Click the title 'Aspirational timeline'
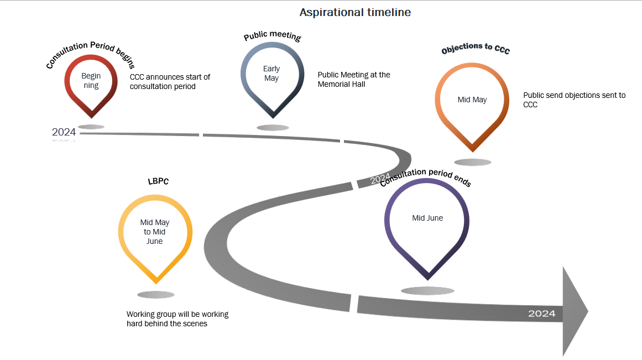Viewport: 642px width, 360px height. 355,13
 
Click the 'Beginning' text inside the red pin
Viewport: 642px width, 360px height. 91,81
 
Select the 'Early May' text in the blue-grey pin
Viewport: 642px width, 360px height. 272,74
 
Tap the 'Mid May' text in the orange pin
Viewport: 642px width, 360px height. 472,100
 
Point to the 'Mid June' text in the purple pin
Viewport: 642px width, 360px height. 427,218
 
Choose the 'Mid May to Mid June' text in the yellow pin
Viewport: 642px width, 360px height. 155,232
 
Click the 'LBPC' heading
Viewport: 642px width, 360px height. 158,181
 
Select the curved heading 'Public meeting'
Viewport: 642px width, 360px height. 272,35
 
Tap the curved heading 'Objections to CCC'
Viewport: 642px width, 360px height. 476,48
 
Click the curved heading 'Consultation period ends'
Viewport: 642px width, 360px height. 426,177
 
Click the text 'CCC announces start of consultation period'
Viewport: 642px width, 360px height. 170,81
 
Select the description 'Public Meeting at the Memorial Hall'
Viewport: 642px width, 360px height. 354,80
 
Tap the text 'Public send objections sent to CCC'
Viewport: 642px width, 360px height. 575,100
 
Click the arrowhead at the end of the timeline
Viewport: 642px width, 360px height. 575,311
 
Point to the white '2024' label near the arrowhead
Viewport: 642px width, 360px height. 542,314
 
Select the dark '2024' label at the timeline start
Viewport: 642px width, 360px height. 64,132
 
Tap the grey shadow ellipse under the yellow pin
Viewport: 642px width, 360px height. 155,295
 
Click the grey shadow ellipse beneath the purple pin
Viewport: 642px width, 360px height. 427,291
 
